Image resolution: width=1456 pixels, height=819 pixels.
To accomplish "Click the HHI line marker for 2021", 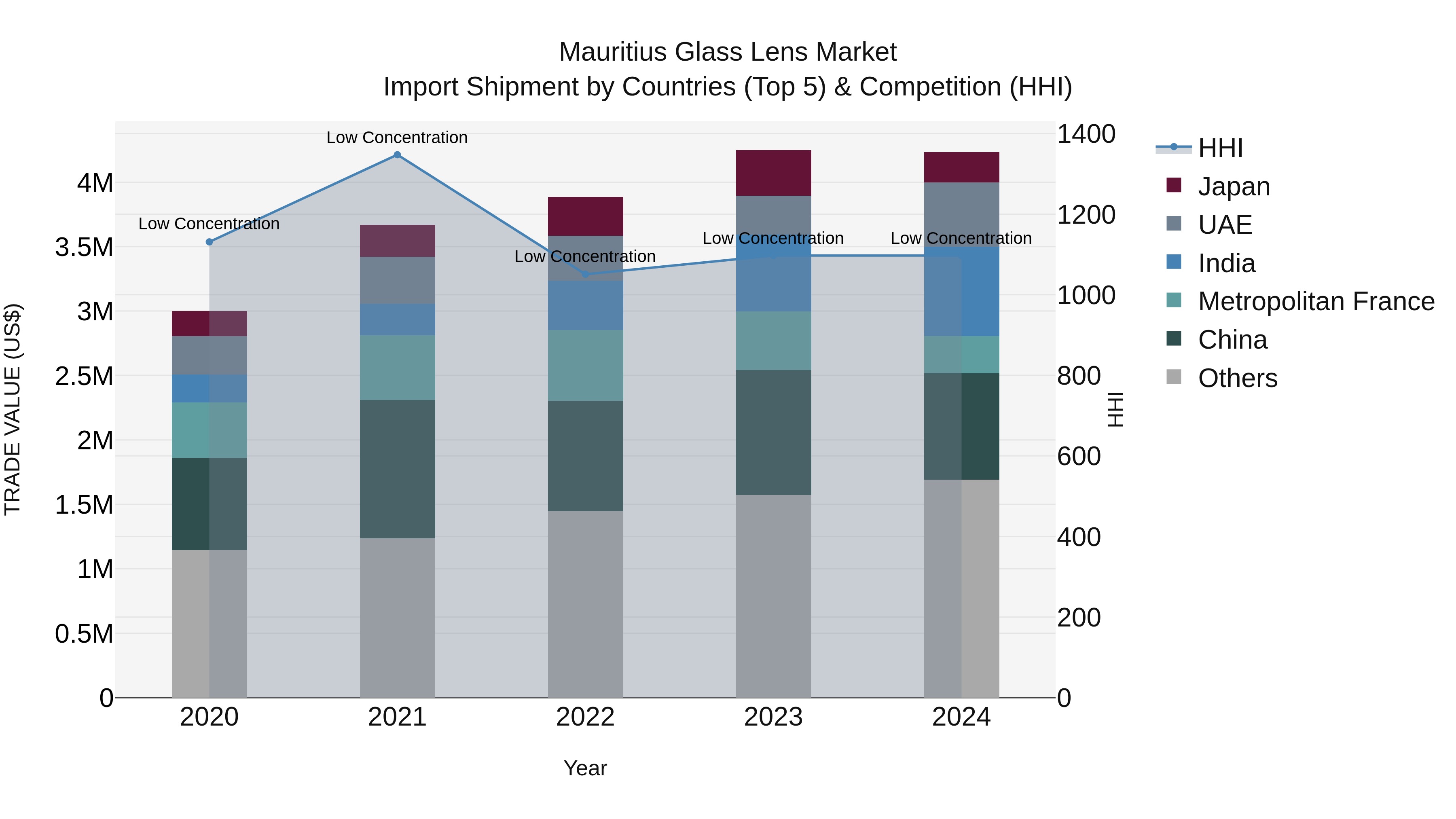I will click(x=397, y=155).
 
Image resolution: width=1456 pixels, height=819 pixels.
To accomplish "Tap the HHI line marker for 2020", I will click(x=209, y=242).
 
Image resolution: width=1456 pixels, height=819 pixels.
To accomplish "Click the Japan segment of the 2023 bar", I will click(x=773, y=173).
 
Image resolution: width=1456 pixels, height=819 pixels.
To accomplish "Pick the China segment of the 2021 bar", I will click(x=397, y=469).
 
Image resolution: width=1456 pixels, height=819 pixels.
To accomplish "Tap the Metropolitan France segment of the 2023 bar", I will click(x=773, y=341).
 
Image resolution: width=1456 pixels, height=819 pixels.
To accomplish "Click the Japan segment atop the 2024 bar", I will click(x=961, y=167).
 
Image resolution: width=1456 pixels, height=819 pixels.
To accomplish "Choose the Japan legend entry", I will click(x=1234, y=186).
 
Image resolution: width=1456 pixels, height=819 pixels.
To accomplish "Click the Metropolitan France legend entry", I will click(x=1315, y=301).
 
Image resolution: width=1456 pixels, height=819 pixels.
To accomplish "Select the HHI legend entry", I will click(x=1220, y=148).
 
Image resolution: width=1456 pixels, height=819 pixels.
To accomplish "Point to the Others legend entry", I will click(x=1237, y=378).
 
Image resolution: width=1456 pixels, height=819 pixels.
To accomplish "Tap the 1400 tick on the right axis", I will click(x=1086, y=135).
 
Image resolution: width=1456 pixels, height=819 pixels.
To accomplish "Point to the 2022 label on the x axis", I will click(x=585, y=717).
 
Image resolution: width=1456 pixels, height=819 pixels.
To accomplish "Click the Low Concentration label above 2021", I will click(x=397, y=138).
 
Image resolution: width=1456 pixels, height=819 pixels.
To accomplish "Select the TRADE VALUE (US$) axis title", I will click(x=13, y=409).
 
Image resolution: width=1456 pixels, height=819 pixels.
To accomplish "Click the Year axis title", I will click(x=585, y=768).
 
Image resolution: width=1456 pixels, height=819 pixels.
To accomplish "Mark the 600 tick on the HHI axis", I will click(x=1078, y=456).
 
